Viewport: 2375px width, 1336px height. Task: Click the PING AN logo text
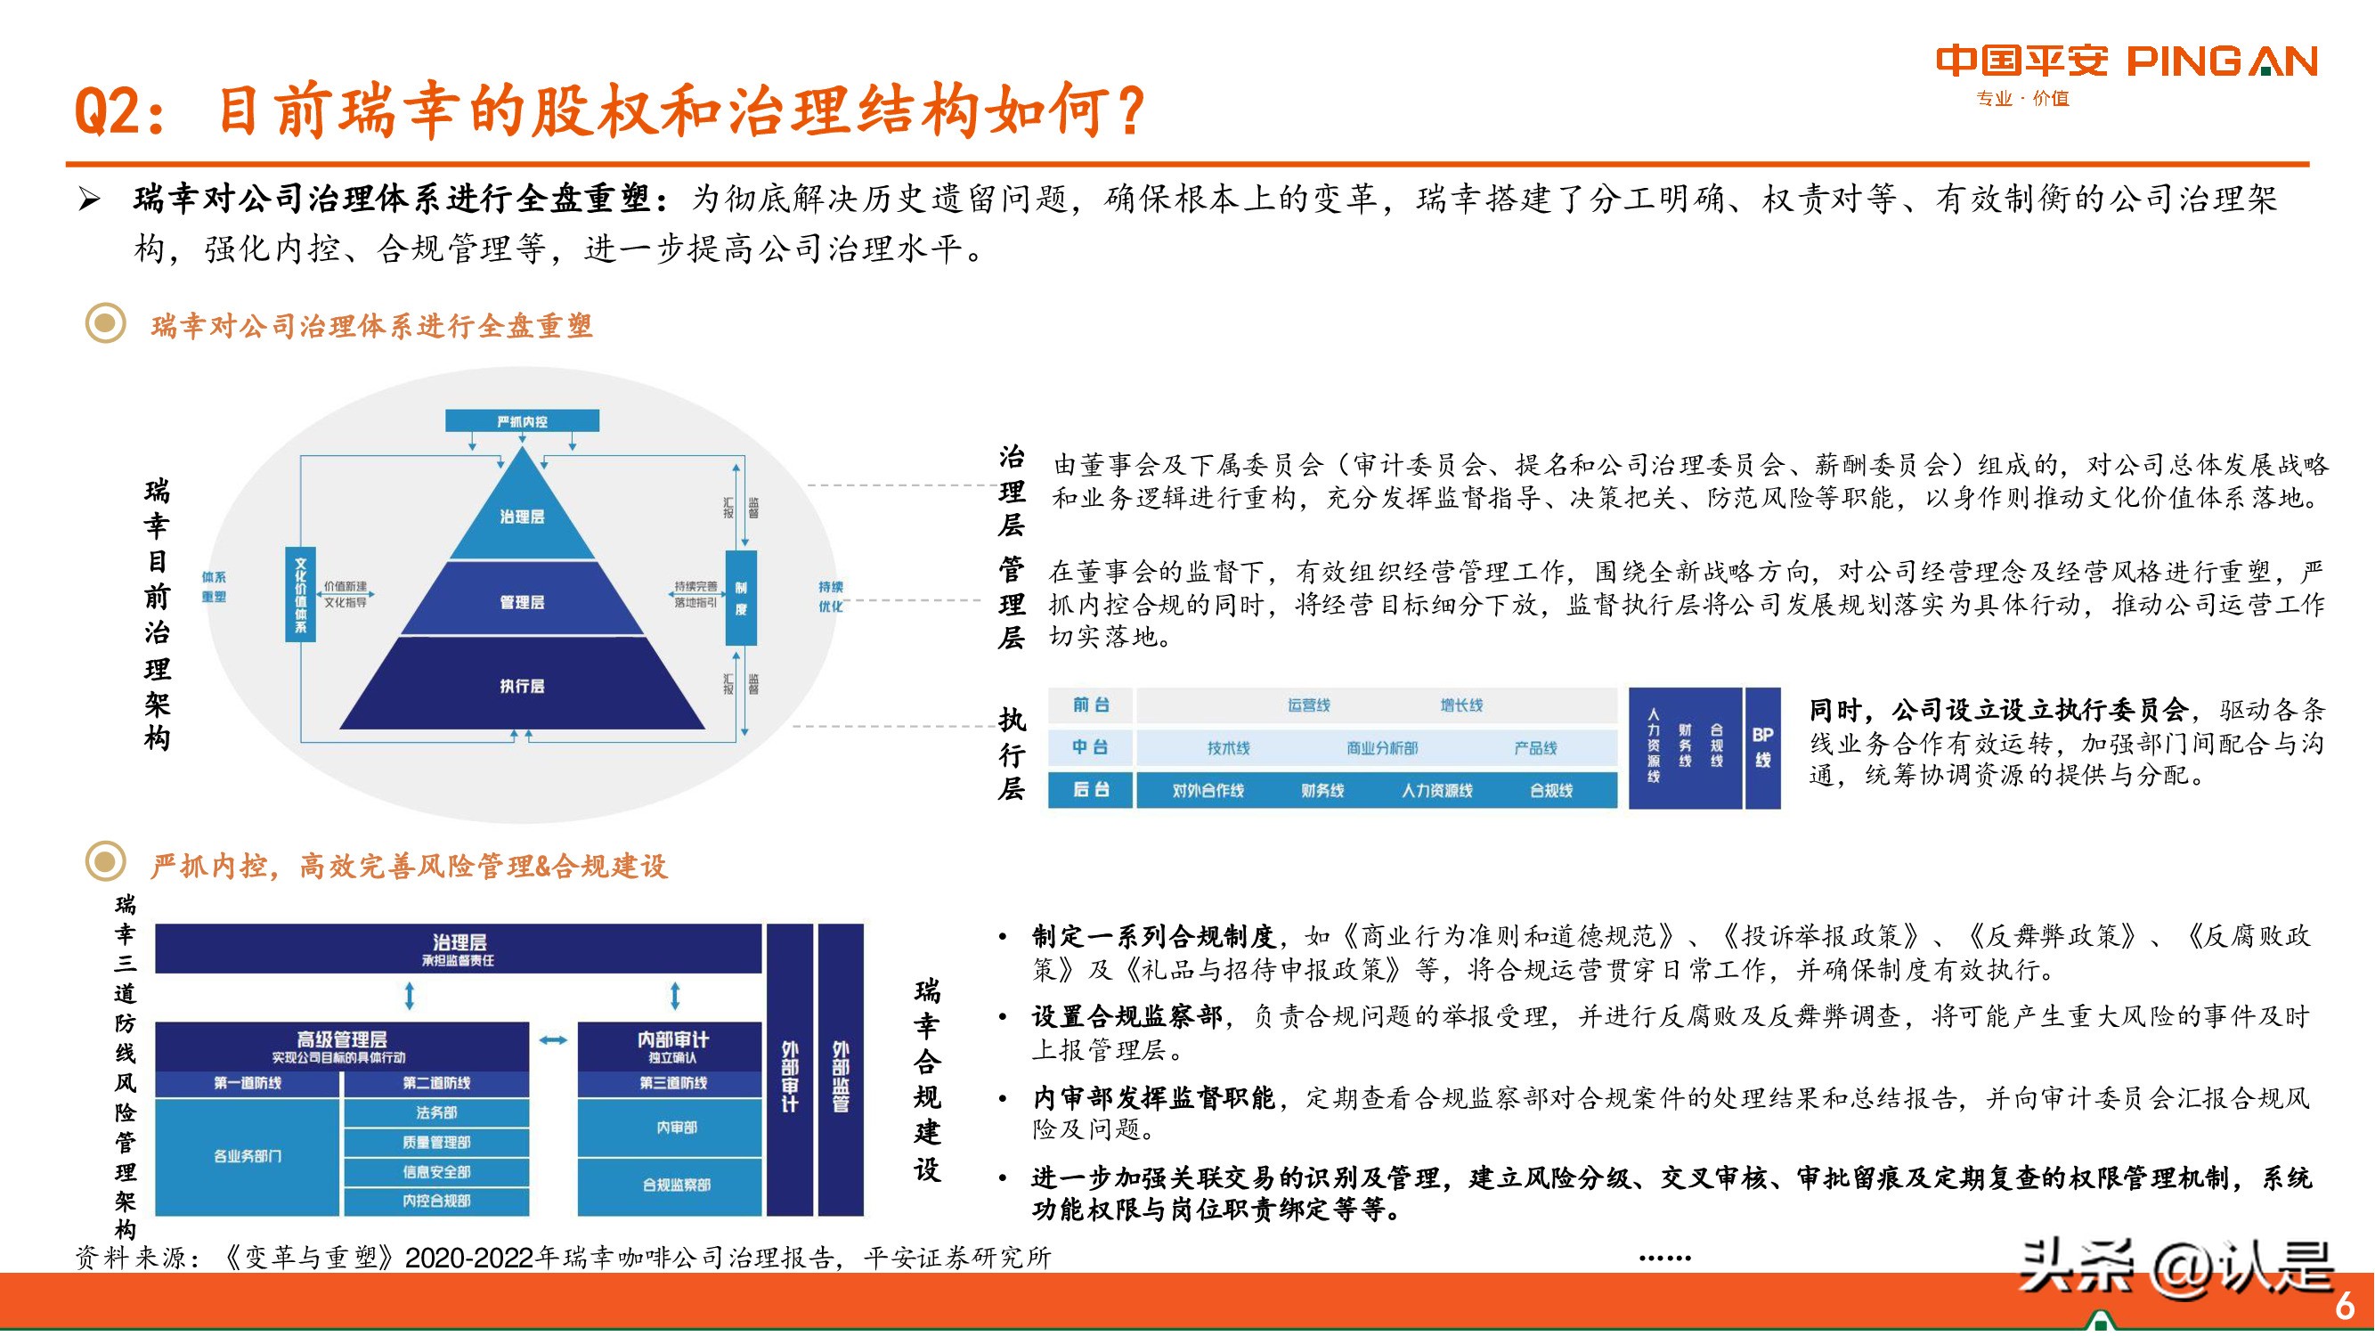click(2222, 61)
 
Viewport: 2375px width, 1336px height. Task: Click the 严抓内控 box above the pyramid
click(522, 421)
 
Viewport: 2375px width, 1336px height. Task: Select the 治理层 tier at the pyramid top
click(522, 517)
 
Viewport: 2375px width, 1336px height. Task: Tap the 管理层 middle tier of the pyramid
click(522, 602)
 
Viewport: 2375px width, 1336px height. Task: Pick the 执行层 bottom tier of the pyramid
click(522, 686)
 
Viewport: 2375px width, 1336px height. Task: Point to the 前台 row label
click(1091, 705)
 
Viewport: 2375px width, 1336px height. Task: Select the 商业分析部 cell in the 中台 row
click(1381, 748)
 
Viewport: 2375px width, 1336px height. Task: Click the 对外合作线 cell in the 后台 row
click(1208, 790)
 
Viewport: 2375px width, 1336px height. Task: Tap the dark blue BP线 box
click(1763, 748)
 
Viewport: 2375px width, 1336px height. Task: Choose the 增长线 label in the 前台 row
click(1461, 705)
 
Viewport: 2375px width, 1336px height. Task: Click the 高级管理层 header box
click(341, 1046)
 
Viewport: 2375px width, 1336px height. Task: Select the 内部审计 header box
click(673, 1046)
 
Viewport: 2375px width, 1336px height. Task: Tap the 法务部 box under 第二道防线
click(436, 1112)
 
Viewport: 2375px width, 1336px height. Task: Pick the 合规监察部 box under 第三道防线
click(676, 1185)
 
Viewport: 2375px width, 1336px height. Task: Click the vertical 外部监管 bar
click(841, 1070)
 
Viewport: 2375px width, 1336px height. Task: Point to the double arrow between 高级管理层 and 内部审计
click(553, 1040)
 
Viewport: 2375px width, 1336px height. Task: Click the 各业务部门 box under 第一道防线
click(247, 1155)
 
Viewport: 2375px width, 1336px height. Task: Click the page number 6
click(2345, 1306)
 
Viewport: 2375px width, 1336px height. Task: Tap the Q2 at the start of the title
click(108, 111)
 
